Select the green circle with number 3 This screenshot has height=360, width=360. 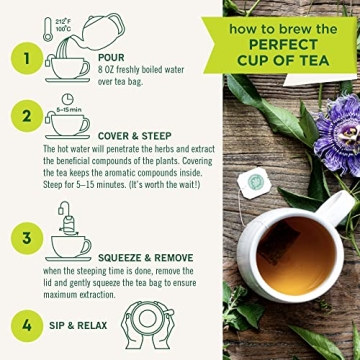[16, 239]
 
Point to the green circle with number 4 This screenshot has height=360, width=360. [16, 326]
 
